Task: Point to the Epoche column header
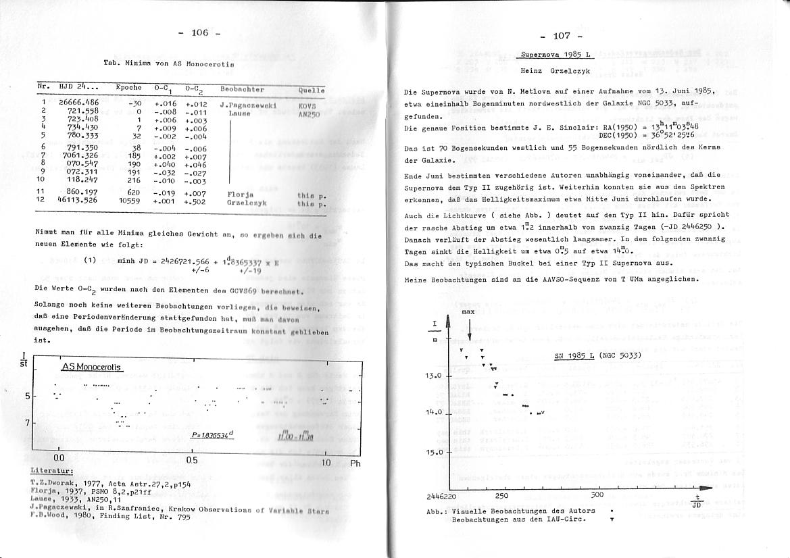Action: pos(128,87)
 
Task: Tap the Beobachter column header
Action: pos(242,89)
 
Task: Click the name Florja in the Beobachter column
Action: pos(239,193)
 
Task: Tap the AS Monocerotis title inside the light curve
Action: pos(91,367)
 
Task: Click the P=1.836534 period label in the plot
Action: pos(212,435)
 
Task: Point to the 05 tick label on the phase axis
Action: pos(191,460)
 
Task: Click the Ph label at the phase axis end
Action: pos(355,463)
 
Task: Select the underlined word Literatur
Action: pos(52,470)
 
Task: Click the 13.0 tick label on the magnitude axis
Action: pos(433,376)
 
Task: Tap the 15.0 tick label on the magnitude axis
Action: pos(433,453)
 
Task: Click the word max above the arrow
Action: pos(469,313)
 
